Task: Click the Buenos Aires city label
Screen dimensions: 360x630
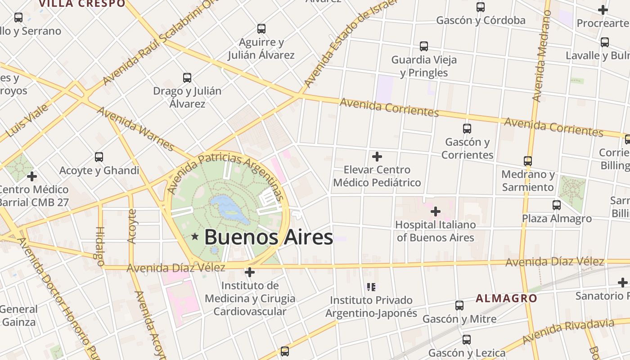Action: click(x=268, y=237)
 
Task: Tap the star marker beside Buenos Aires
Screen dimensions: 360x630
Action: click(x=195, y=236)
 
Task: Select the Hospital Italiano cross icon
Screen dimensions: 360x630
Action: click(x=435, y=211)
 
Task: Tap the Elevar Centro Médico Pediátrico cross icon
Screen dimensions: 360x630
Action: click(x=377, y=157)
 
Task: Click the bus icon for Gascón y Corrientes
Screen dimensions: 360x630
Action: click(x=467, y=129)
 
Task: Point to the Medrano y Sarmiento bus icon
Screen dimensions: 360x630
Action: click(x=528, y=161)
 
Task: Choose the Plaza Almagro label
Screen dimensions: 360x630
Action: click(x=557, y=218)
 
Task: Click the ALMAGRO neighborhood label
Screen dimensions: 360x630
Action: click(x=506, y=298)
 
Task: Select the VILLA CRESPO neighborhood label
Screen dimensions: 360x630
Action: click(x=82, y=4)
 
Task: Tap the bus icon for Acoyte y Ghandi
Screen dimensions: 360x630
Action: click(x=99, y=157)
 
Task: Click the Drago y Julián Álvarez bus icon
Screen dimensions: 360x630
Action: click(x=187, y=77)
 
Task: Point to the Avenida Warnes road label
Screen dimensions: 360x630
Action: click(x=135, y=129)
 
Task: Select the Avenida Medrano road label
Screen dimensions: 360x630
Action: click(x=541, y=56)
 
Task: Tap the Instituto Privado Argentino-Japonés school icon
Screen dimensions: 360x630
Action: click(x=371, y=287)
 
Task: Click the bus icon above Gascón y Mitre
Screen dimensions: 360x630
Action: click(x=459, y=306)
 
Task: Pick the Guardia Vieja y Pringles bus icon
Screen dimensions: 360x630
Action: click(x=423, y=46)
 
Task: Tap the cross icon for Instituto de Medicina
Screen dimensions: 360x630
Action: click(x=249, y=272)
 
